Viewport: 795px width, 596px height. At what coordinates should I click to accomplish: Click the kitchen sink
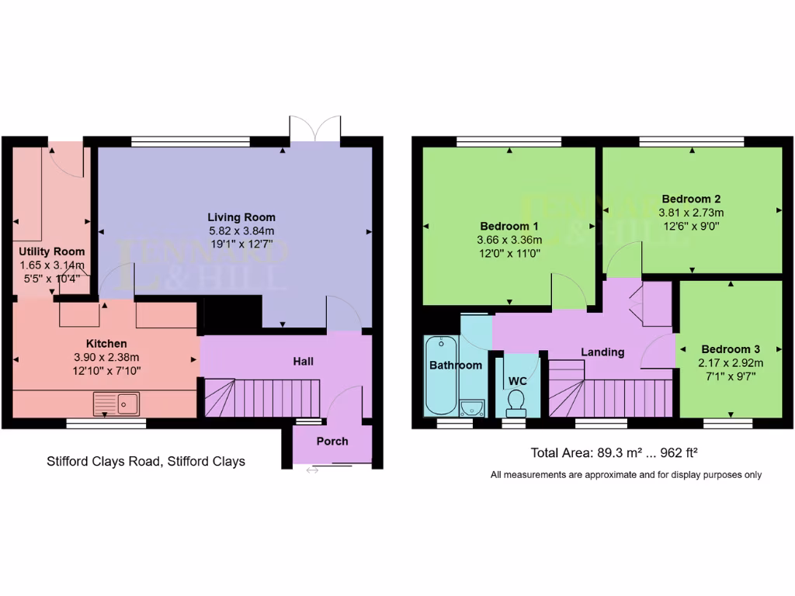tap(116, 403)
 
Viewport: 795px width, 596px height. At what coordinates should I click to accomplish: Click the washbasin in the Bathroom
tap(471, 407)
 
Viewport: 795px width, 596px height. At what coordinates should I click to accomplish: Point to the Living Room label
tap(241, 217)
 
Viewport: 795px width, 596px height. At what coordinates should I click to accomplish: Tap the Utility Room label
tap(52, 251)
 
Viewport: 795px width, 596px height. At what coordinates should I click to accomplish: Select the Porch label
tap(332, 441)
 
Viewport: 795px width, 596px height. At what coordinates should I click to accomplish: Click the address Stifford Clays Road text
tap(145, 461)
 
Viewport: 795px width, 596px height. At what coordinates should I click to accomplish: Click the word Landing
tap(602, 352)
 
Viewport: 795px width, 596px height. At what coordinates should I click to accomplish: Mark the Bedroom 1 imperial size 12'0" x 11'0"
tap(509, 253)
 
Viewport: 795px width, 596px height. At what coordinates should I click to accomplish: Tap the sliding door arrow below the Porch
tap(312, 470)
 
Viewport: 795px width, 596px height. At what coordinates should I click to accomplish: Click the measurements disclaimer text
tap(626, 474)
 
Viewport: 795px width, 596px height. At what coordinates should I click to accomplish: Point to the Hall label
tap(304, 362)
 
